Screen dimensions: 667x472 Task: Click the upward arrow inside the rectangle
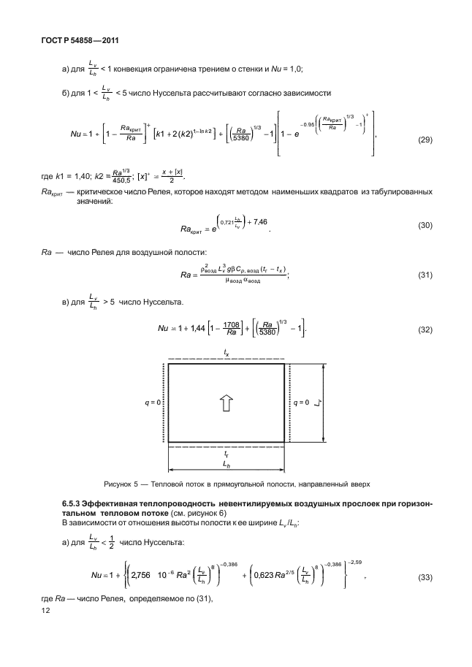[226, 402]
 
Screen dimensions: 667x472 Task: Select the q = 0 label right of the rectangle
[302, 403]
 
